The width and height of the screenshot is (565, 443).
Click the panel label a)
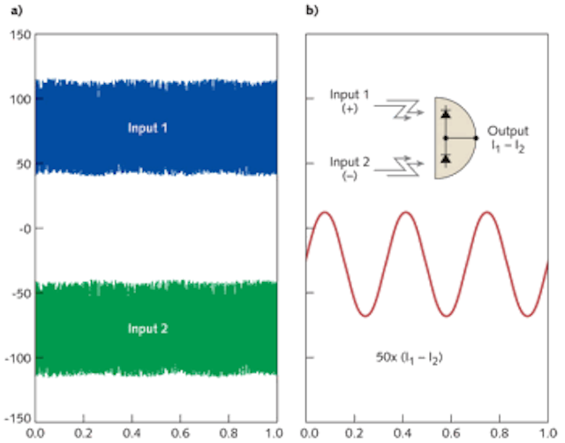pos(17,11)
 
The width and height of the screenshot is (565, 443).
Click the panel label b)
pos(313,11)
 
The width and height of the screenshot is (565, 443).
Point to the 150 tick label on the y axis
pos(20,35)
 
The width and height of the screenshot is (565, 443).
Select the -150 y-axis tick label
pos(19,419)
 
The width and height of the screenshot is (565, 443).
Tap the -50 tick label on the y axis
pos(21,293)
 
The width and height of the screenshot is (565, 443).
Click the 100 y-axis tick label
pos(20,99)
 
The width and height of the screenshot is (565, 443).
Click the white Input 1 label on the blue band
pos(147,128)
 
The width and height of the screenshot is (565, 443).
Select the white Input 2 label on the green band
pos(147,329)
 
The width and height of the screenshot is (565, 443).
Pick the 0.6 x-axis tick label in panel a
pos(180,433)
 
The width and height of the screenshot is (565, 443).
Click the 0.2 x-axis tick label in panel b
pos(355,433)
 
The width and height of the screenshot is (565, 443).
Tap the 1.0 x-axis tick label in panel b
pos(547,433)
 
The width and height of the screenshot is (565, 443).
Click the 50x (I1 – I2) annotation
pos(410,358)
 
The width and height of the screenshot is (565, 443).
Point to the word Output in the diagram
pos(508,131)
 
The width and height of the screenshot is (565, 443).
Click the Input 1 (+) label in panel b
pos(350,101)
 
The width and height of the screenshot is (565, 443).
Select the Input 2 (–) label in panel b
pos(350,169)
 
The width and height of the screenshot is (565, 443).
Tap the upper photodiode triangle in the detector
pos(446,114)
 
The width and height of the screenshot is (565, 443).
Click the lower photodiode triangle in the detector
pos(446,158)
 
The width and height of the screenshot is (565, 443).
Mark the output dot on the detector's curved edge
pos(476,138)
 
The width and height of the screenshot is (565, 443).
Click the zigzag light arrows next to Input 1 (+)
pos(399,110)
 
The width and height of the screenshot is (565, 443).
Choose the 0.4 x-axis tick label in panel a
pos(132,433)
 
